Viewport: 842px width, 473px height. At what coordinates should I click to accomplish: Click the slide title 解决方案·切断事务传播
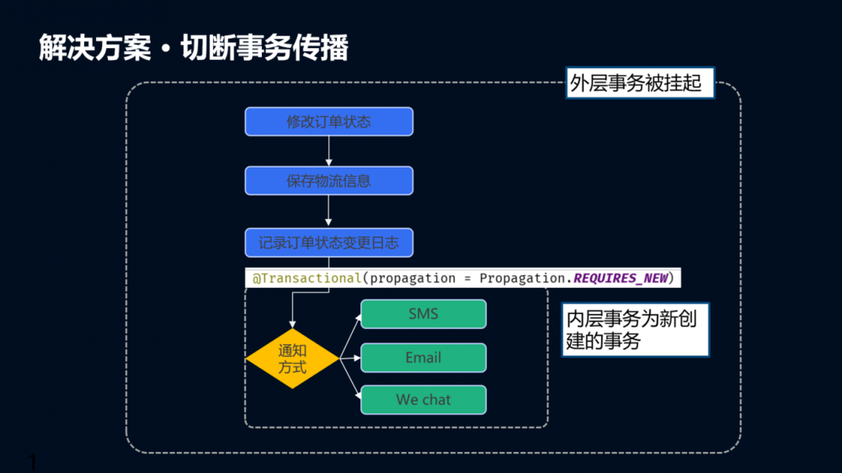point(194,48)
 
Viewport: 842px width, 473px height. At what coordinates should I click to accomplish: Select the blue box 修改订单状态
point(328,121)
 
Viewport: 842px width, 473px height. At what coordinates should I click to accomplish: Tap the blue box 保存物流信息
point(328,180)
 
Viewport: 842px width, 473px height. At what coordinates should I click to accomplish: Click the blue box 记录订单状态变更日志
point(328,243)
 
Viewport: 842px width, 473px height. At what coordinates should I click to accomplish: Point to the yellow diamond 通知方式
point(292,359)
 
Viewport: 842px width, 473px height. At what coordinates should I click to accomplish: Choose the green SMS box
point(424,314)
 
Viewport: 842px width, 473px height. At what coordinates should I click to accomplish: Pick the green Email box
point(424,358)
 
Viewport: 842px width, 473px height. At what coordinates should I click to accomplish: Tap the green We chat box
point(424,400)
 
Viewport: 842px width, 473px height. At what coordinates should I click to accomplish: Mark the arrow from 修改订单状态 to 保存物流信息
point(328,151)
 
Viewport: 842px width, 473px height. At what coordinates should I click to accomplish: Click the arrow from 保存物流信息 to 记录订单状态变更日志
point(328,211)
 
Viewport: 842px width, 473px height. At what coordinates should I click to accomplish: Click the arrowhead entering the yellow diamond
point(292,323)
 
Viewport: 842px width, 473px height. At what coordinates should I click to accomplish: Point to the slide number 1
point(33,461)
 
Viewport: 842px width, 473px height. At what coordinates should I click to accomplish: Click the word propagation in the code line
point(410,278)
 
